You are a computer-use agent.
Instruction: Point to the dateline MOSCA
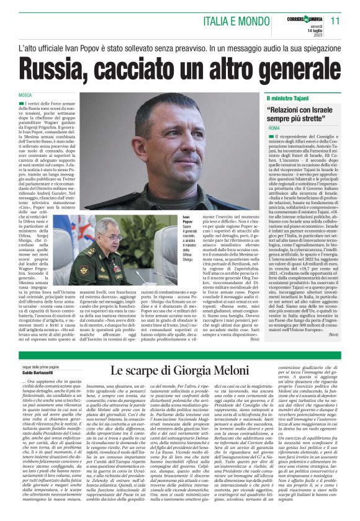pyautogui.click(x=25, y=95)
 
